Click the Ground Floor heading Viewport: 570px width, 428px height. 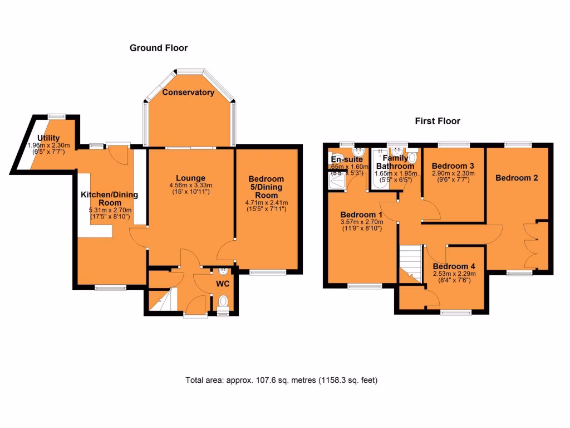[159, 48]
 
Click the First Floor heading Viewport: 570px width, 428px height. [438, 121]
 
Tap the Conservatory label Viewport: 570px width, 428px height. [188, 93]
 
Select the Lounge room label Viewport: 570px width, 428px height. [191, 178]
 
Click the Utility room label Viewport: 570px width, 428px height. [48, 138]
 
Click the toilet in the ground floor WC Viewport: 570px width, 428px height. [224, 303]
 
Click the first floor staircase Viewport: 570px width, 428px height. [411, 262]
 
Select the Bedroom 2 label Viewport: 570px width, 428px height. [517, 178]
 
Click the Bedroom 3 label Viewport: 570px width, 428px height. [453, 166]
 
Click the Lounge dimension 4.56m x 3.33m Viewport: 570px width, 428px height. [191, 186]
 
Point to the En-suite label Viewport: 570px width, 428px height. [346, 159]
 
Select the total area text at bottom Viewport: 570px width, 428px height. [282, 381]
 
